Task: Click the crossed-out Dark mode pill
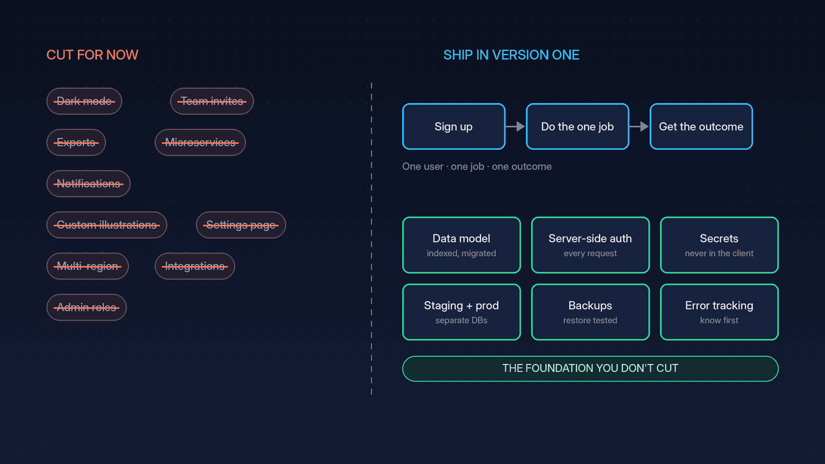84,101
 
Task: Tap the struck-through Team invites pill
212,101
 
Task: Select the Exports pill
76,142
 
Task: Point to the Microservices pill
200,142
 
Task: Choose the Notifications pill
88,184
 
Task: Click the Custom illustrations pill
106,225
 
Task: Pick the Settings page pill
241,225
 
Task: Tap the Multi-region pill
87,266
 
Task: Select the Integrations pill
195,266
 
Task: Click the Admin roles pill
86,307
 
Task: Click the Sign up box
454,126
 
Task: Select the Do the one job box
577,126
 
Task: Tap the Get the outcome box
701,126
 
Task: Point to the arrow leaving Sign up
515,126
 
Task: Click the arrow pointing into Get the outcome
639,126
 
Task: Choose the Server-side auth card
590,245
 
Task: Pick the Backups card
590,312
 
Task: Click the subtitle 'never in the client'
719,253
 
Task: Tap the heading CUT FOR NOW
92,55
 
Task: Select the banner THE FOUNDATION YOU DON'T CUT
590,369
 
